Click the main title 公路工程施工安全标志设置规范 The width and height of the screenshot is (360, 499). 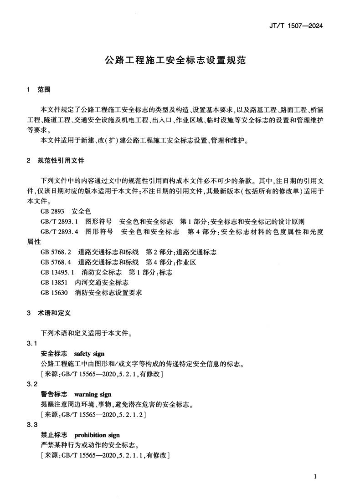[176, 61]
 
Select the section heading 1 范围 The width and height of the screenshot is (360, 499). [39, 90]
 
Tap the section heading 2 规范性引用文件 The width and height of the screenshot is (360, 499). [55, 161]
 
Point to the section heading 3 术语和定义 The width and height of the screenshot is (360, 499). [49, 313]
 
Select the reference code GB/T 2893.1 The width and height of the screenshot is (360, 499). [60, 222]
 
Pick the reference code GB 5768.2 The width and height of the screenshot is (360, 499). [56, 252]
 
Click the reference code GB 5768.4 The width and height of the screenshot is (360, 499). [56, 262]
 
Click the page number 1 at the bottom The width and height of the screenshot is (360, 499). [315, 477]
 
